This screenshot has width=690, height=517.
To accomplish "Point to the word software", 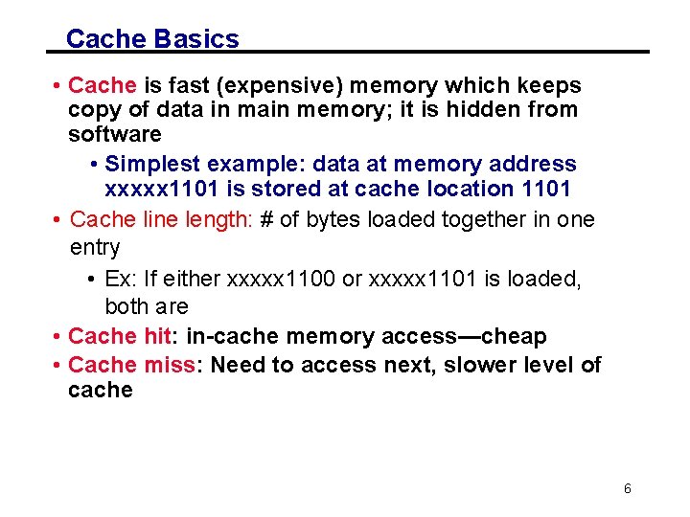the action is tap(115, 133).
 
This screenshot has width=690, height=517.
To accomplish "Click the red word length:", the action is tap(218, 219).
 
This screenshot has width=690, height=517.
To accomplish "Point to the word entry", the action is tap(95, 248).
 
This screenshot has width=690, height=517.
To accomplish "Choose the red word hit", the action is tap(160, 336).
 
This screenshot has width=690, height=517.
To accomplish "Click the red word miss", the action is tap(170, 365).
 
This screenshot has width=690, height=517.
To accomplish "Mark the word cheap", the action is tap(515, 336).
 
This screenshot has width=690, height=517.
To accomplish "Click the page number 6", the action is tap(628, 488).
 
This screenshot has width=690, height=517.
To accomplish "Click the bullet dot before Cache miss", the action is tap(59, 366).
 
